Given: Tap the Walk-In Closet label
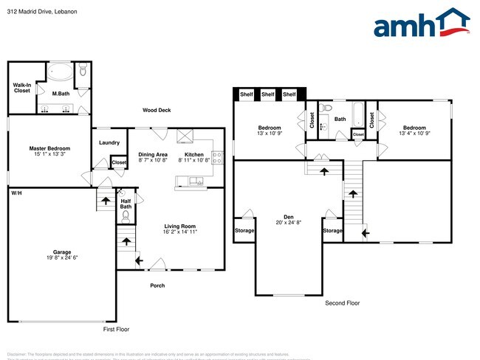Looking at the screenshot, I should coord(21,88).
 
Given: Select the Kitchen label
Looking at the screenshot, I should coord(193,153).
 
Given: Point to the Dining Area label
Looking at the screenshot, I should coord(153,153).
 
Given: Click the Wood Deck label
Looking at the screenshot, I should coord(157,110).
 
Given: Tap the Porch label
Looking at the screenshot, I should coord(157,285).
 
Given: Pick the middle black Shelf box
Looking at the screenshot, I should coord(268,94).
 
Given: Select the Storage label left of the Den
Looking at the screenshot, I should coord(244,231).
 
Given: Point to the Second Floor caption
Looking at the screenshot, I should coord(342,302).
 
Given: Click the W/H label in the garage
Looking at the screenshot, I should coord(16,193).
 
